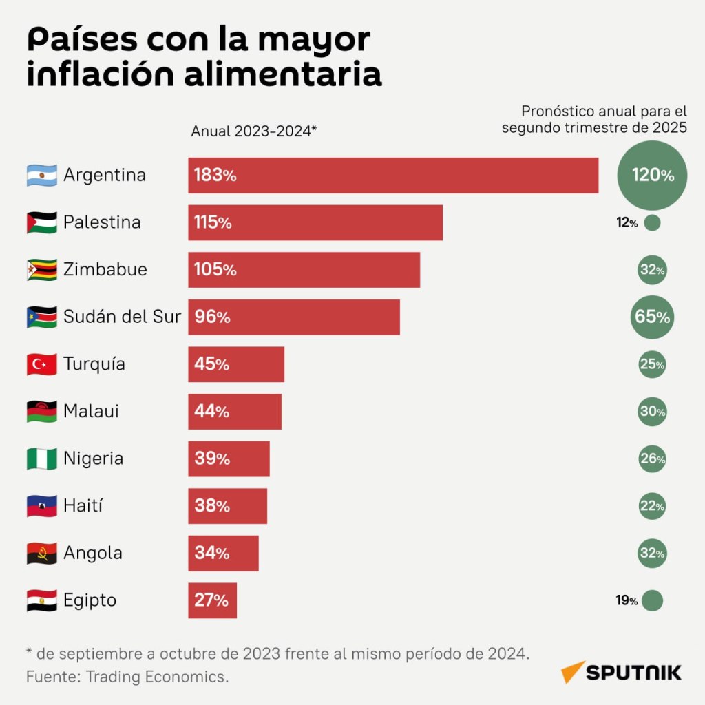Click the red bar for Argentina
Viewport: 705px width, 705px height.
tap(393, 176)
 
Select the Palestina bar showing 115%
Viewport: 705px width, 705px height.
tap(315, 222)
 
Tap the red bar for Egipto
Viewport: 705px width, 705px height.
tap(212, 600)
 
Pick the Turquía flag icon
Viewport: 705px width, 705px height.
tap(42, 364)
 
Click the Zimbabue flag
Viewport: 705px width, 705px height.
tap(42, 270)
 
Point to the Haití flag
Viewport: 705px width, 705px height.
tap(42, 506)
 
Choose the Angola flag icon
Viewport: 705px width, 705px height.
tap(42, 553)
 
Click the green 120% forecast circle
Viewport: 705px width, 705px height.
tap(652, 176)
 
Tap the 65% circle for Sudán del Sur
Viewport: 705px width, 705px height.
tap(652, 317)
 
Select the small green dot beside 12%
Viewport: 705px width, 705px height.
tap(652, 222)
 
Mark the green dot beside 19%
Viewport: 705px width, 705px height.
tap(653, 600)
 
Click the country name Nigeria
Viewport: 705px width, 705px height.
tap(94, 459)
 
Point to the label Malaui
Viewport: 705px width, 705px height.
tap(92, 411)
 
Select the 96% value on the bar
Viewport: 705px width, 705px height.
tap(212, 317)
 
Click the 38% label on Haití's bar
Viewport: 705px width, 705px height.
tap(212, 506)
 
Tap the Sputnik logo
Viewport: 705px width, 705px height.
tap(621, 672)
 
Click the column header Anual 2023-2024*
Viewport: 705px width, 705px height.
tap(254, 131)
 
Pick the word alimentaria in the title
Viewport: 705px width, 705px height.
tap(283, 74)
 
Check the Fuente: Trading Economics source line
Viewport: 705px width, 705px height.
tap(127, 677)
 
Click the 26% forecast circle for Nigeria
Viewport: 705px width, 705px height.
tap(652, 459)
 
